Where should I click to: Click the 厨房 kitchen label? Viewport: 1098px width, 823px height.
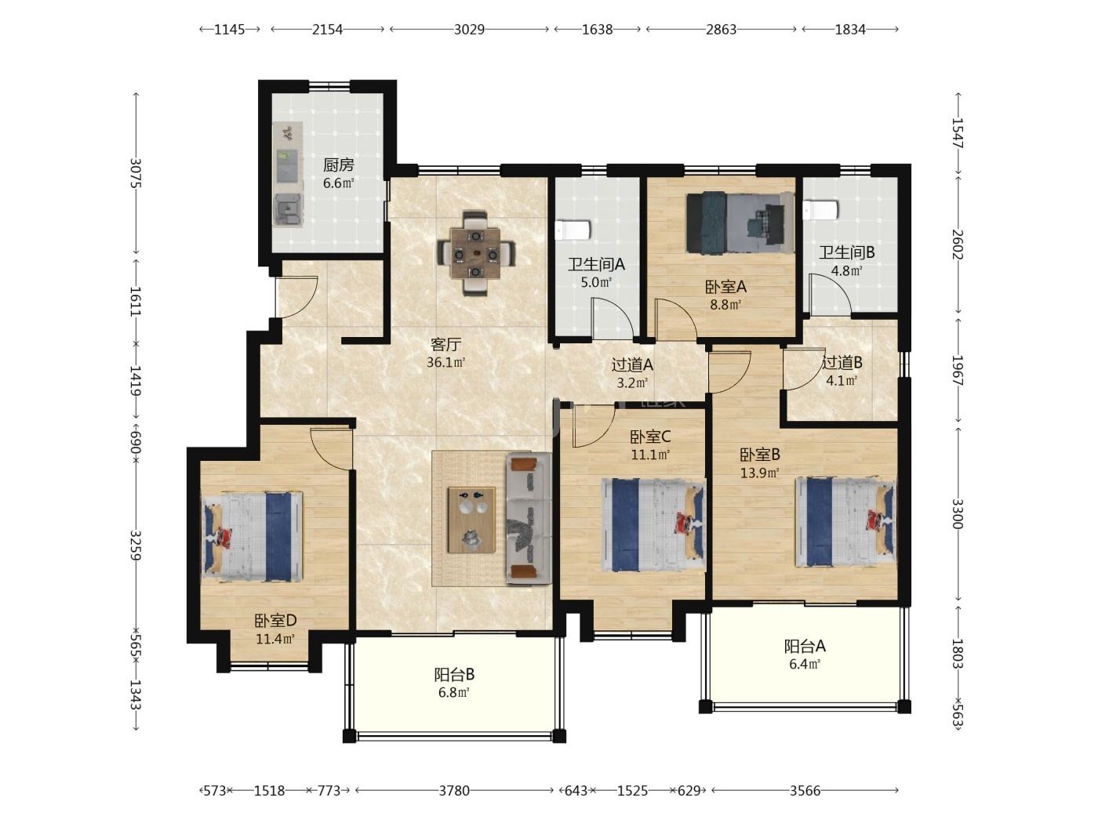pos(338,165)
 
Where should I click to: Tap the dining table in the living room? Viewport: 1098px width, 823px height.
pos(474,253)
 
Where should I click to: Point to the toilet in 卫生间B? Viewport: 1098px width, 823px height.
pos(820,210)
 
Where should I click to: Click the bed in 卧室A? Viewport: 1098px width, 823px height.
pos(740,223)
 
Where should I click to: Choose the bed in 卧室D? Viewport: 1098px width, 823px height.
pos(252,536)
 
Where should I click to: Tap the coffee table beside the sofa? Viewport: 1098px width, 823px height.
pos(471,520)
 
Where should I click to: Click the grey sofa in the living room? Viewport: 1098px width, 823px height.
pos(529,518)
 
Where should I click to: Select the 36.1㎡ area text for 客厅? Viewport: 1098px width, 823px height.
pos(445,362)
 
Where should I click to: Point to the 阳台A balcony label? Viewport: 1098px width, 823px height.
pos(805,646)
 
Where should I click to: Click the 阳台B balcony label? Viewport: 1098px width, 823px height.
pos(453,675)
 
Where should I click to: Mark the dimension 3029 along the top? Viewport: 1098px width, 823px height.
pos(469,30)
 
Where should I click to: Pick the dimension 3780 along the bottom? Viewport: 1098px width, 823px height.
pos(454,791)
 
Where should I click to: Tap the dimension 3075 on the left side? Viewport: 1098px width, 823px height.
pos(136,173)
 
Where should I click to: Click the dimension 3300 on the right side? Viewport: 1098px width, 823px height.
pos(957,513)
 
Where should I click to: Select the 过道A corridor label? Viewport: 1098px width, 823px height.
pos(632,364)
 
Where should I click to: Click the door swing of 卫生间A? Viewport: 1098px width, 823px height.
pos(613,317)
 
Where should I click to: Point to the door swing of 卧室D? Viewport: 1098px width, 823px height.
pos(331,448)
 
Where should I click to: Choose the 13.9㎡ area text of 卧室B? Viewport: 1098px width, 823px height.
pos(759,472)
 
